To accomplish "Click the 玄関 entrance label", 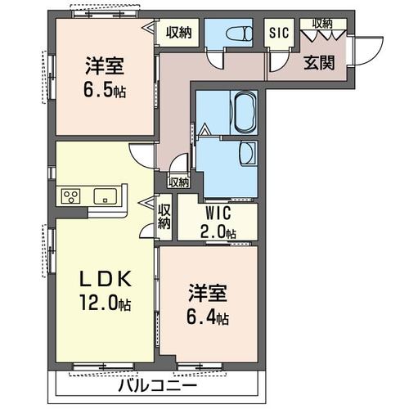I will (x=319, y=64).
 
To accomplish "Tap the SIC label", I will (x=279, y=33).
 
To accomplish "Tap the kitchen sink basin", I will (x=106, y=196).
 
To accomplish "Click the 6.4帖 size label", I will (x=209, y=317).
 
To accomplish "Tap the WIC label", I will (x=217, y=213).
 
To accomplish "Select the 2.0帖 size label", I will (x=217, y=232).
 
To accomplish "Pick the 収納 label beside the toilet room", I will (x=179, y=33).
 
